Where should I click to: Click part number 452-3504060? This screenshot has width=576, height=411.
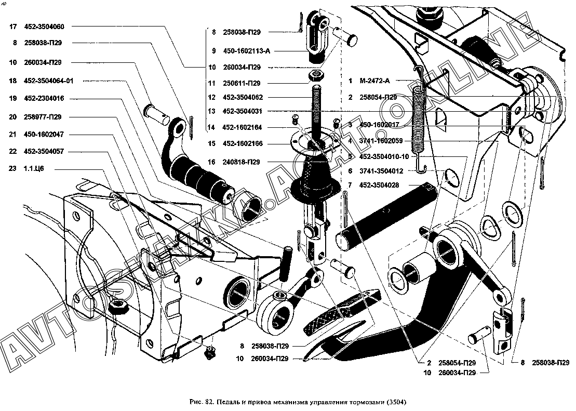coord(44,26)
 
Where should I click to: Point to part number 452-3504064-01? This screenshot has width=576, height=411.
coord(49,81)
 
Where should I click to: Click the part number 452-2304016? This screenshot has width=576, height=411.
coord(44,99)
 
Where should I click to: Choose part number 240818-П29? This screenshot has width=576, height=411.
coord(241,162)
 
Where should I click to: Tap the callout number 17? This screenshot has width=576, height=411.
coord(13,26)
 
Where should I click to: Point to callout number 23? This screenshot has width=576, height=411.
coord(13,168)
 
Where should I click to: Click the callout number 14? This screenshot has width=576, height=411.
coord(210,127)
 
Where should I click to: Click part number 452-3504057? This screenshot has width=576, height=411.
coord(44,151)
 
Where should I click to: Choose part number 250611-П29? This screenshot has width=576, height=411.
coord(241,83)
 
